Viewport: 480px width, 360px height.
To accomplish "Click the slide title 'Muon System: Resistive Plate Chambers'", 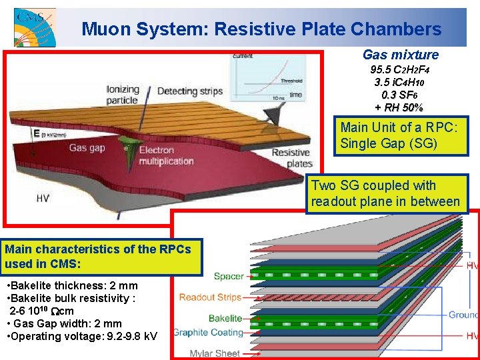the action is pyautogui.click(x=261, y=29).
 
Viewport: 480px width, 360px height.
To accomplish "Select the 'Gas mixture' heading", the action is pyautogui.click(x=401, y=55).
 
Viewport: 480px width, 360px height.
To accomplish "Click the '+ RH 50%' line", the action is pyautogui.click(x=399, y=108).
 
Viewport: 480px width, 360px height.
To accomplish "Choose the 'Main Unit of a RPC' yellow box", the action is pyautogui.click(x=399, y=135).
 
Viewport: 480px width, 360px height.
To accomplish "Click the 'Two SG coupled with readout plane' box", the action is pyautogui.click(x=385, y=193).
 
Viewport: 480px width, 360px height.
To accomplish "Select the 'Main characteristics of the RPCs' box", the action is pyautogui.click(x=101, y=257).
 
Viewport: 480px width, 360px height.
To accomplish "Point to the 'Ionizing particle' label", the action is pyautogui.click(x=123, y=95).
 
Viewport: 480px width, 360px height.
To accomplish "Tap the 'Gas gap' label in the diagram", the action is pyautogui.click(x=87, y=147).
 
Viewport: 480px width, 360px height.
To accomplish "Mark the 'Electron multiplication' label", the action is pyautogui.click(x=166, y=155).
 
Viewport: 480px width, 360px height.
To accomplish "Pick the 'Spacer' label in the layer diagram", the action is pyautogui.click(x=229, y=276).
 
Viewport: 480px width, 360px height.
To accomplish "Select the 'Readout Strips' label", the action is pyautogui.click(x=211, y=297).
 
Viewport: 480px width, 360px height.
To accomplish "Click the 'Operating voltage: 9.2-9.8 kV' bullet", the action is pyautogui.click(x=81, y=336).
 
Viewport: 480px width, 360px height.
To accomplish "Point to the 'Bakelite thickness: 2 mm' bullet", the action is pyautogui.click(x=71, y=286).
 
